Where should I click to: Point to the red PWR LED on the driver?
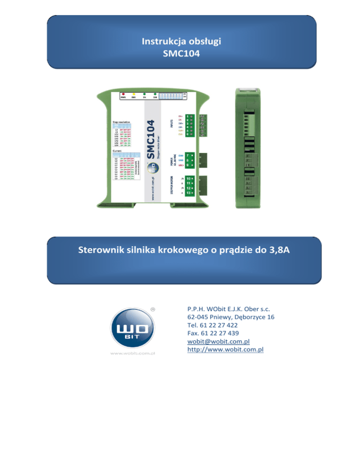coord(123,94)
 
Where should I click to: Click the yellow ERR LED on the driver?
coord(134,94)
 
